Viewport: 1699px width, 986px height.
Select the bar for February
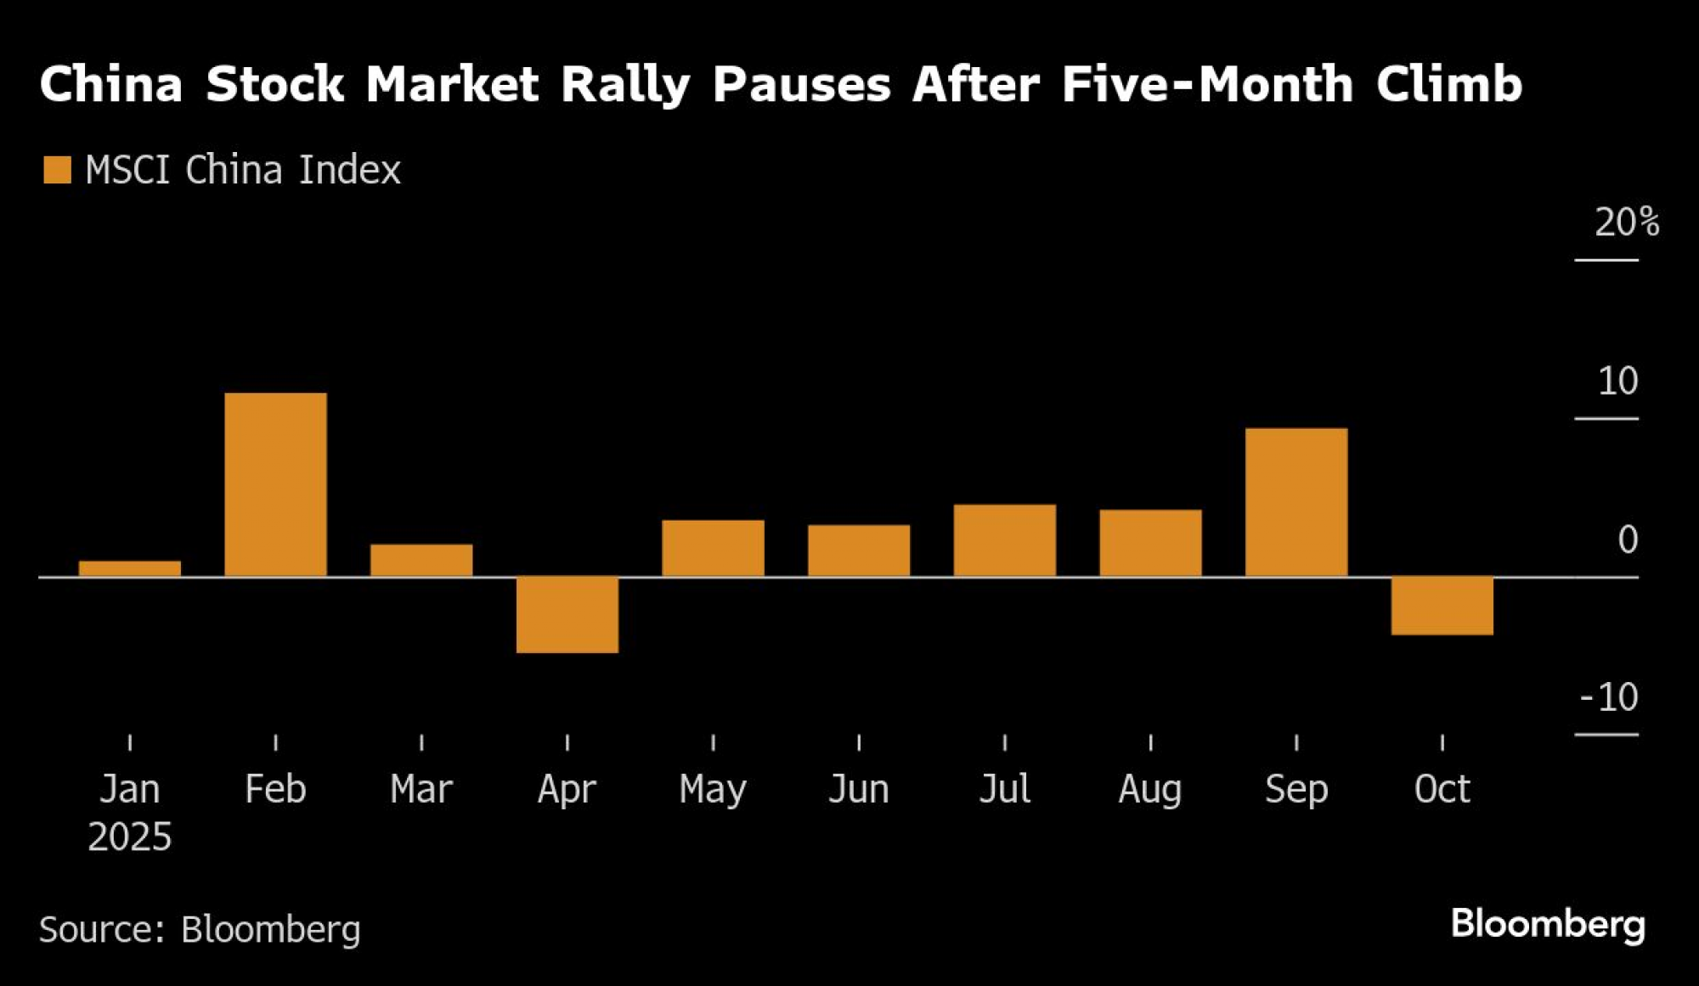pyautogui.click(x=275, y=484)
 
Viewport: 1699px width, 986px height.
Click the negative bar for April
pyautogui.click(x=567, y=614)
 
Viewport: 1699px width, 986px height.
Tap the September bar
pyautogui.click(x=1296, y=502)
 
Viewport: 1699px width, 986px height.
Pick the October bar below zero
pyautogui.click(x=1442, y=606)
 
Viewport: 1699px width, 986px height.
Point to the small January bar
pyautogui.click(x=130, y=568)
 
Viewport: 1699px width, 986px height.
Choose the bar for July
pyautogui.click(x=1005, y=540)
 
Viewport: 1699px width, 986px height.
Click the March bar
pyautogui.click(x=421, y=560)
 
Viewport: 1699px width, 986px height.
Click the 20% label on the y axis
pyautogui.click(x=1626, y=223)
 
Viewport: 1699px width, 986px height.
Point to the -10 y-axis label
pyautogui.click(x=1609, y=697)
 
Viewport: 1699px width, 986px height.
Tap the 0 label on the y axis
pyautogui.click(x=1627, y=539)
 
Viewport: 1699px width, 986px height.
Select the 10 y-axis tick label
pyautogui.click(x=1617, y=381)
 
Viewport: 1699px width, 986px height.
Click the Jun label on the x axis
pyautogui.click(x=859, y=789)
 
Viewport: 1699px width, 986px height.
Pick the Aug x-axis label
pyautogui.click(x=1150, y=789)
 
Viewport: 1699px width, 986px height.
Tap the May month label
pyautogui.click(x=713, y=790)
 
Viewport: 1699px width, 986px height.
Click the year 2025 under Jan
pyautogui.click(x=130, y=837)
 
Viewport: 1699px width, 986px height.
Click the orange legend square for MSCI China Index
pyautogui.click(x=57, y=170)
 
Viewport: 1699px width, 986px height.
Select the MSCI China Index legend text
pyautogui.click(x=243, y=170)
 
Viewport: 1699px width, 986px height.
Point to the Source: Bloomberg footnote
pyautogui.click(x=200, y=929)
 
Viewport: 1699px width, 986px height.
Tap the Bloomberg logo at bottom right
pyautogui.click(x=1548, y=924)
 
